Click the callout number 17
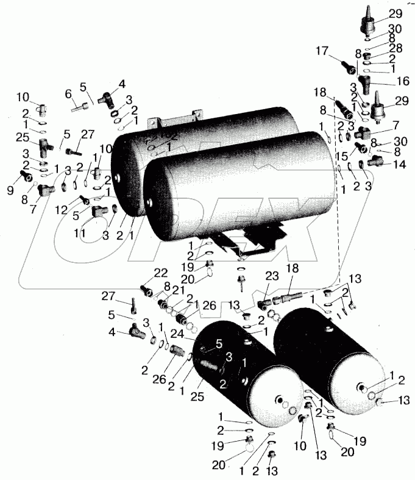322,51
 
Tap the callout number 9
10,191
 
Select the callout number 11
80,233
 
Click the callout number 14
400,164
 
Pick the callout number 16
403,81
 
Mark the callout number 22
161,273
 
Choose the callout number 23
272,276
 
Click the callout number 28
396,48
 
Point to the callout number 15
343,156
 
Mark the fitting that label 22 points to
146,290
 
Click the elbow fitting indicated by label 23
264,304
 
